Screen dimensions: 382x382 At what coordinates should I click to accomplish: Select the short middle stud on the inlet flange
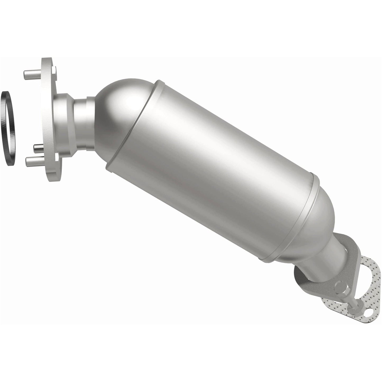point(38,146)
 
